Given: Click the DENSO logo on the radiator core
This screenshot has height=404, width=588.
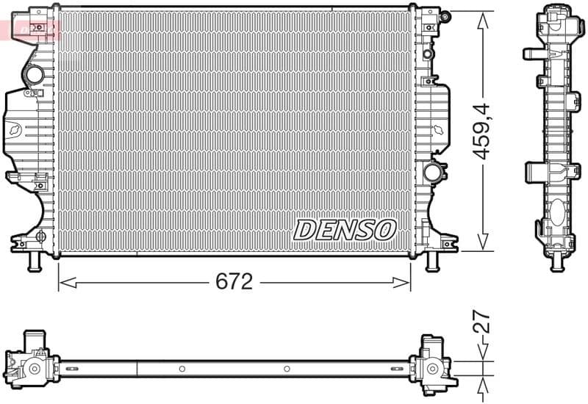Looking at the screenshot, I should [x=345, y=229].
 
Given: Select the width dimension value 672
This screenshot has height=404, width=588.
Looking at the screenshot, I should [x=234, y=281].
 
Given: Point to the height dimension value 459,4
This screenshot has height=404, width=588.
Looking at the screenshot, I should [x=481, y=132].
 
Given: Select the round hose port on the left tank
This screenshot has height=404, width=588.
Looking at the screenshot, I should [x=35, y=75].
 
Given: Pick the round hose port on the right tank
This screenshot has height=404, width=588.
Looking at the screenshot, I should [x=433, y=172].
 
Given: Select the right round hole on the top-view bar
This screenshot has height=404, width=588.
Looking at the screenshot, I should [x=287, y=369].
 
